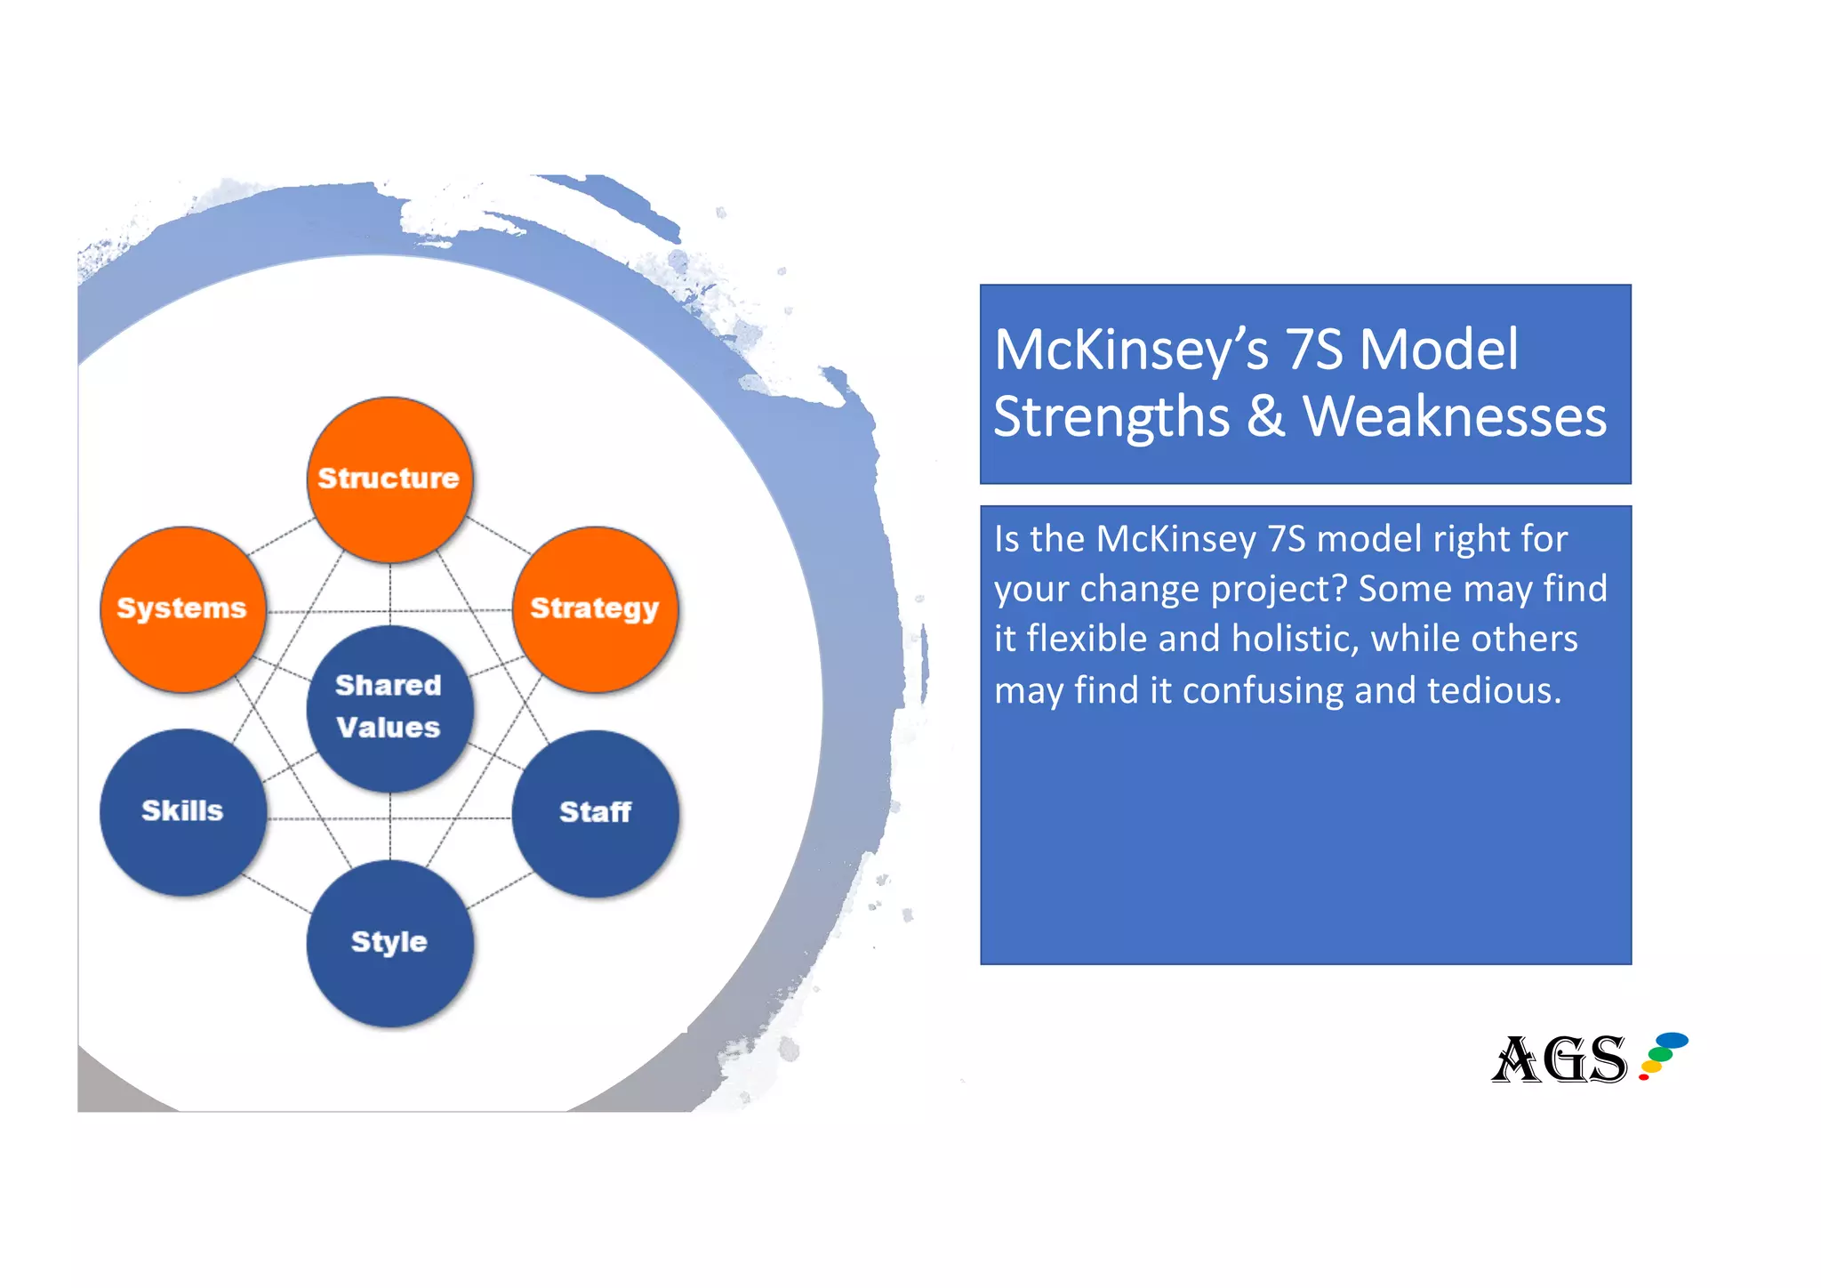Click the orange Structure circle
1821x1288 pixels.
(389, 479)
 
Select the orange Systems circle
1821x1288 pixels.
(182, 608)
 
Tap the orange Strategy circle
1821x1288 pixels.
(595, 608)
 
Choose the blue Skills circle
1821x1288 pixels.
(182, 811)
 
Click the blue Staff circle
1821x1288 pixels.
(595, 812)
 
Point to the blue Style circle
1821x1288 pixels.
(389, 942)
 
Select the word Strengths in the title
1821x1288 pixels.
(1111, 418)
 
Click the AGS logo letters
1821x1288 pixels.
(1560, 1059)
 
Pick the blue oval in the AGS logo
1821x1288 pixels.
(1673, 1039)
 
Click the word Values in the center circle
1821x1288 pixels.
(389, 728)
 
